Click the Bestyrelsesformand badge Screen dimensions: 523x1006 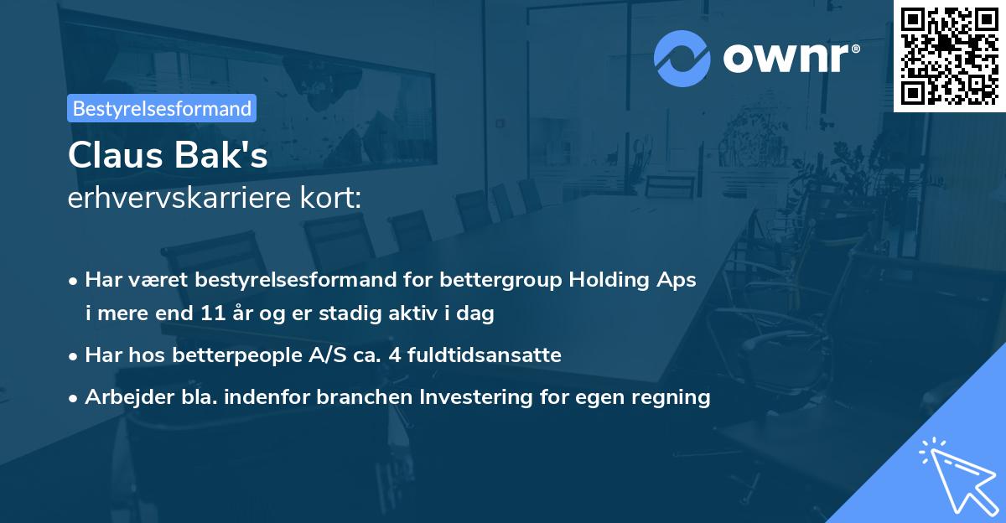pos(162,108)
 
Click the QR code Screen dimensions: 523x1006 pos(950,55)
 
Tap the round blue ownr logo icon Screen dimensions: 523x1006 pos(682,58)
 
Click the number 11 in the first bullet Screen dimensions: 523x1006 pos(213,314)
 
